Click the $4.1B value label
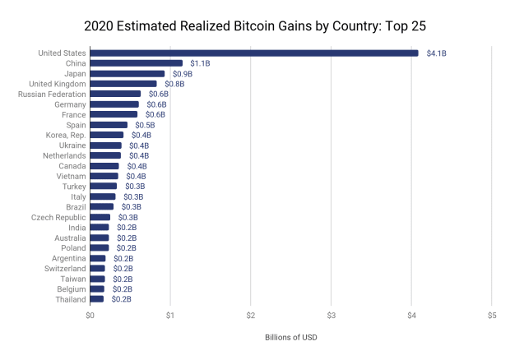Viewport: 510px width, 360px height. coord(436,53)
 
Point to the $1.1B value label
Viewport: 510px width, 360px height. coord(200,63)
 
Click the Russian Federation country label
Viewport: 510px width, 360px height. coord(51,95)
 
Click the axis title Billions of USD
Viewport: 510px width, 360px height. coord(290,338)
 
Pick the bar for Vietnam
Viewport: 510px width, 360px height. coord(104,176)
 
